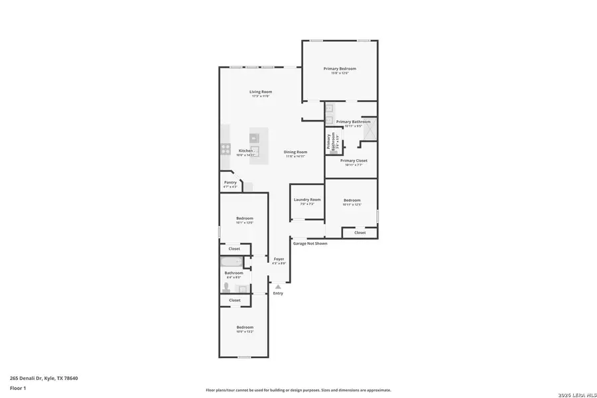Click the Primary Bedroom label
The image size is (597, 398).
click(x=340, y=69)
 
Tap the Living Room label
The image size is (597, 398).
click(x=261, y=92)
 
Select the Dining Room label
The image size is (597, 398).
click(x=296, y=152)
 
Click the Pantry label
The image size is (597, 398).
click(x=230, y=182)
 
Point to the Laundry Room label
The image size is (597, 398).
click(x=307, y=200)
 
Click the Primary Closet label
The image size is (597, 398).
click(x=354, y=161)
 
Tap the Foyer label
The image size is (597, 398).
click(x=279, y=259)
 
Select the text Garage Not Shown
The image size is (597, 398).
click(x=310, y=243)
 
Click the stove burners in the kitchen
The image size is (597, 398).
click(x=225, y=149)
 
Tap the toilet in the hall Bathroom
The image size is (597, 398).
click(x=227, y=287)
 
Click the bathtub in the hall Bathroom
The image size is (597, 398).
click(x=234, y=261)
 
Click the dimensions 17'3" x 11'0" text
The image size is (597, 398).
click(x=261, y=97)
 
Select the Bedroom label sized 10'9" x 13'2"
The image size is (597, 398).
click(x=245, y=327)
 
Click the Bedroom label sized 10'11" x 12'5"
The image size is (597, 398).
click(x=352, y=200)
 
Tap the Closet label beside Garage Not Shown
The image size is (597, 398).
click(x=360, y=233)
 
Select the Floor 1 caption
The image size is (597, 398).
click(x=18, y=387)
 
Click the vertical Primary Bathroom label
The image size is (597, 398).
click(x=329, y=142)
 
